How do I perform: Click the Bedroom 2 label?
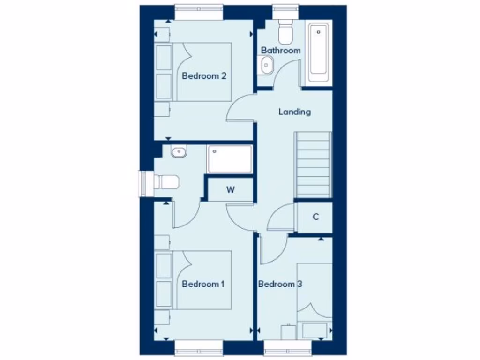click(204, 75)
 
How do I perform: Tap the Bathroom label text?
click(281, 50)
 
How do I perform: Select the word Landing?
click(294, 112)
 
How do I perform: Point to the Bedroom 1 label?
click(203, 284)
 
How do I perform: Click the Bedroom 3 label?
click(280, 284)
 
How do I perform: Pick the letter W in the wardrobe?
click(230, 190)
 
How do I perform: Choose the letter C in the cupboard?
click(315, 217)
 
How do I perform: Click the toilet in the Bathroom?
click(285, 32)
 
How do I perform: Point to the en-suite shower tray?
click(230, 159)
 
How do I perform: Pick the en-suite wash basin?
click(179, 151)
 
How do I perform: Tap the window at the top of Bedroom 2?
click(198, 11)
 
